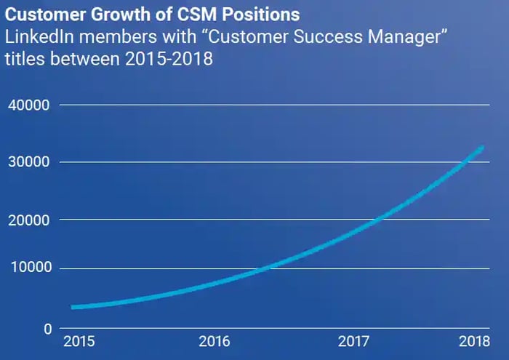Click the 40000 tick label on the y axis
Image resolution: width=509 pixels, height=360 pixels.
pyautogui.click(x=28, y=105)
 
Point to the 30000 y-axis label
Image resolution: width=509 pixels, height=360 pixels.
pyautogui.click(x=28, y=162)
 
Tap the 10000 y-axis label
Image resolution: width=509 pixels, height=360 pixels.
pyautogui.click(x=28, y=268)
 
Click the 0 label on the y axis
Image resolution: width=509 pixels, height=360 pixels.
pyautogui.click(x=47, y=328)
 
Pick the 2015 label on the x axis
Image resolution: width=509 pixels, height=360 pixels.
pyautogui.click(x=79, y=341)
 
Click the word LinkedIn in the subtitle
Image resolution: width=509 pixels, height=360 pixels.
pyautogui.click(x=37, y=38)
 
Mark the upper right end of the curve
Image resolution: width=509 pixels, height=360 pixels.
pyautogui.click(x=481, y=148)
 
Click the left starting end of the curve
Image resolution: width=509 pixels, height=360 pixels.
pyautogui.click(x=73, y=307)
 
